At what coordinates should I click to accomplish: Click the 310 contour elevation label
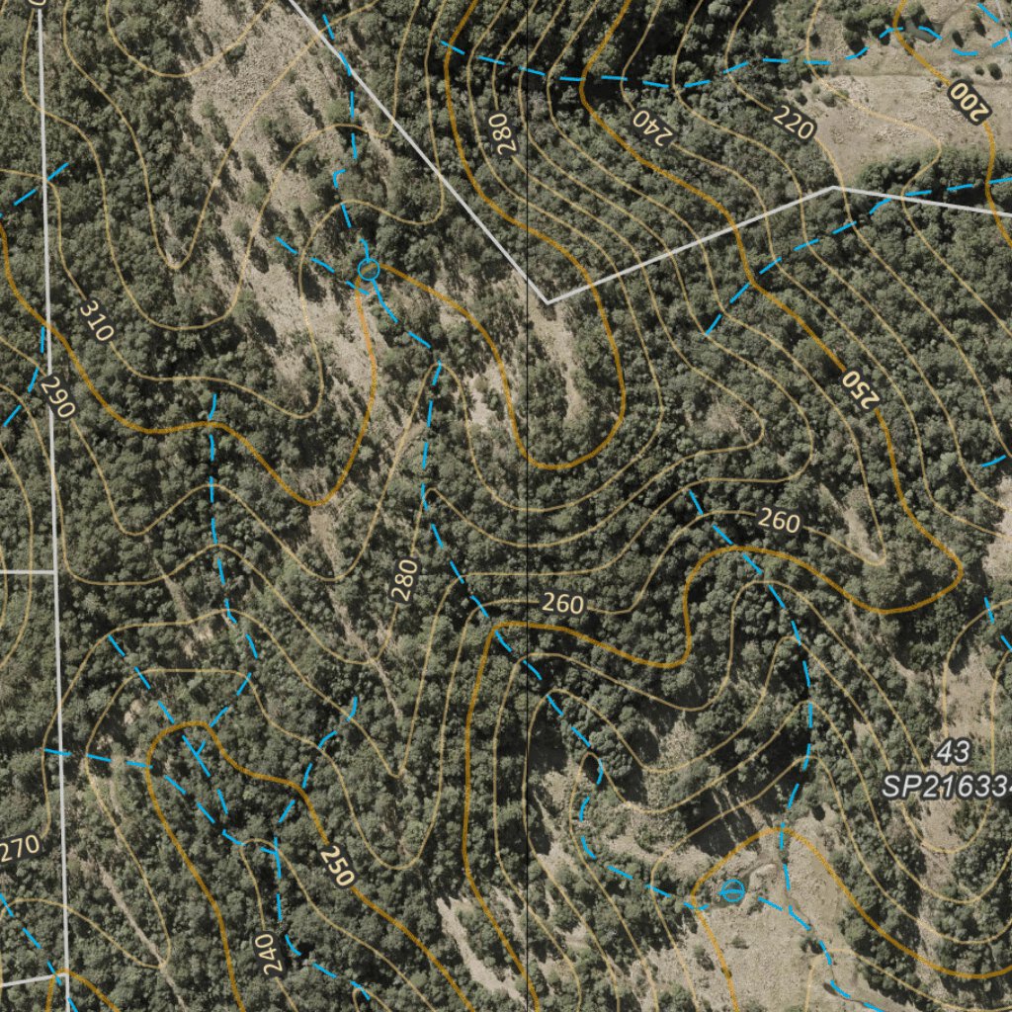(x=96, y=321)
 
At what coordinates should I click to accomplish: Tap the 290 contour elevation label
(x=58, y=397)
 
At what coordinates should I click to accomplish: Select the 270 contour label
(x=20, y=846)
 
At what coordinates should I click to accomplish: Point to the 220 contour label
(x=794, y=124)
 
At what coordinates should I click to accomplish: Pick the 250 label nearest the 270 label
(x=337, y=865)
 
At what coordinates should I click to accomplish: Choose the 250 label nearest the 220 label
(x=860, y=389)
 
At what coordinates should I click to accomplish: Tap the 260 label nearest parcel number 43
(x=779, y=521)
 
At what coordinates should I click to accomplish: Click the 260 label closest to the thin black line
(x=562, y=604)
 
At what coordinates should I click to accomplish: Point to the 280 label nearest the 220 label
(x=502, y=132)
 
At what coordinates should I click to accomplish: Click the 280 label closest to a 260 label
(x=404, y=580)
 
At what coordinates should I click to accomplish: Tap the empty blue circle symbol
(x=368, y=268)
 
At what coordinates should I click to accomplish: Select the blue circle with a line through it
(x=731, y=890)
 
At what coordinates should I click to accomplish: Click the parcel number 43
(x=953, y=752)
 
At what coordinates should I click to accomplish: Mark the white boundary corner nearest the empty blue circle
(x=547, y=300)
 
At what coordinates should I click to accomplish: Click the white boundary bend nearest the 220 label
(x=835, y=186)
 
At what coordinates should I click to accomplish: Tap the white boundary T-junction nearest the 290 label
(x=54, y=571)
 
